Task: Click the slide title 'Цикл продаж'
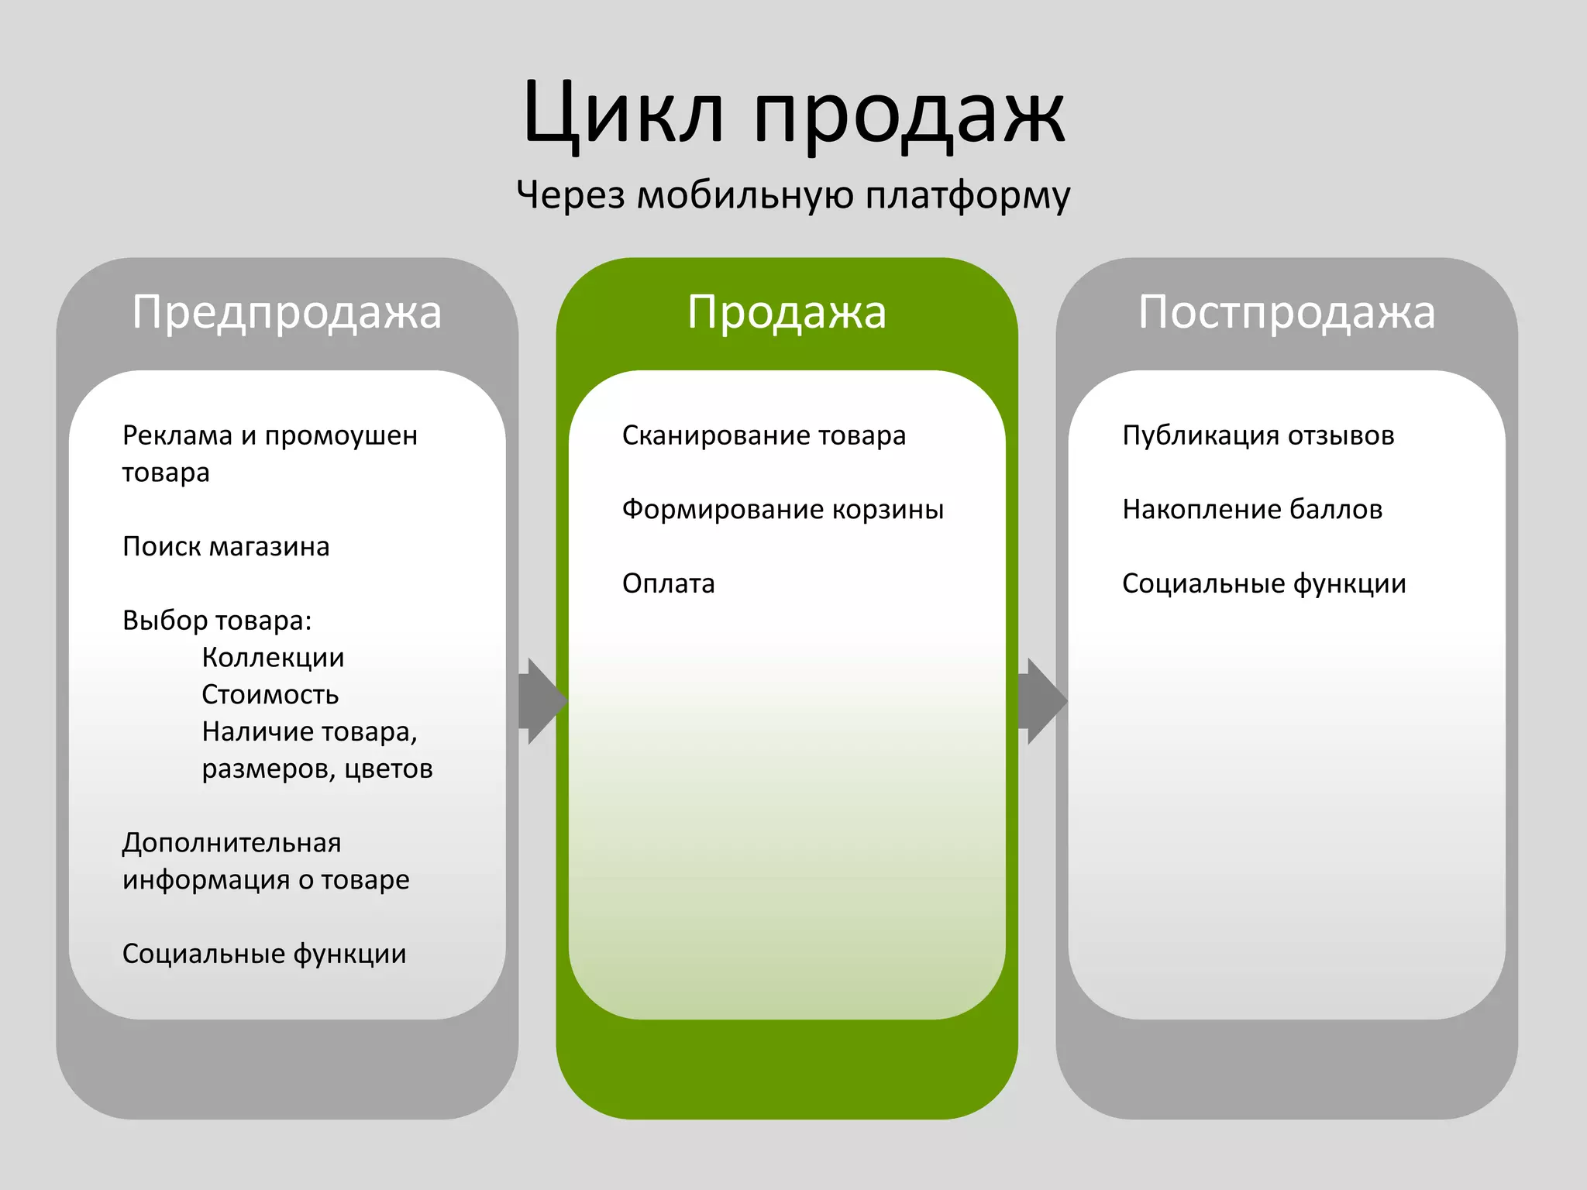793,114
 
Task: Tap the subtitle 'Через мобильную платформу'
793,194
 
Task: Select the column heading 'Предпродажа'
287,312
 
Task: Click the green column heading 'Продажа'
787,312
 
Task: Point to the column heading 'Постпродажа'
1286,312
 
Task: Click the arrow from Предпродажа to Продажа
543,701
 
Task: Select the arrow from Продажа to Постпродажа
1043,701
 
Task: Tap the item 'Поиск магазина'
225,547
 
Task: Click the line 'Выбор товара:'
217,621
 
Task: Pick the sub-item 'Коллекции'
273,658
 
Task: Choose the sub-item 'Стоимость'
270,695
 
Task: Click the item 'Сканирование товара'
763,435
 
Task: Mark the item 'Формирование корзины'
783,510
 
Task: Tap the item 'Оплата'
668,583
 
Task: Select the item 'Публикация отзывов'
1258,435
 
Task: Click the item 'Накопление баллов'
1252,510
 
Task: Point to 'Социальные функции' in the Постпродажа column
1264,583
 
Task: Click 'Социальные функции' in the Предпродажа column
264,954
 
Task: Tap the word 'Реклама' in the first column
177,435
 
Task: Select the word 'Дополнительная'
232,843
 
